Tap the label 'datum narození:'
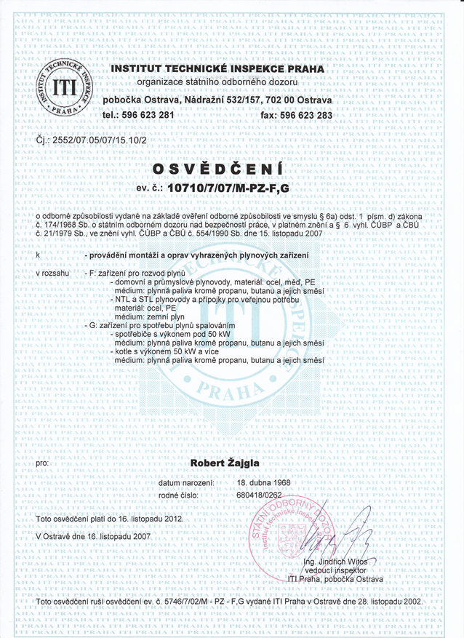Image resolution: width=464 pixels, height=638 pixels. [x=185, y=482]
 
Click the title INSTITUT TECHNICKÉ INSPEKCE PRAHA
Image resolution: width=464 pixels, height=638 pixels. [x=218, y=68]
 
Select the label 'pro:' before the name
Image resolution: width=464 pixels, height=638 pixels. [x=42, y=462]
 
